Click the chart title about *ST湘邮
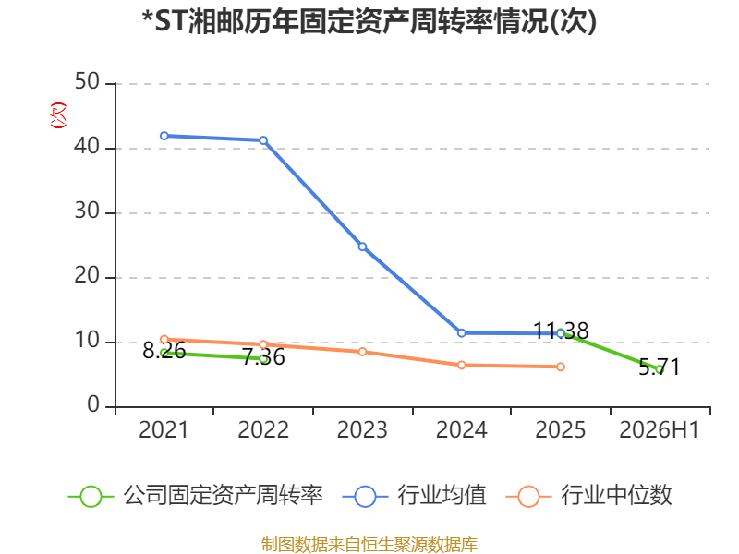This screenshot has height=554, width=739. (x=369, y=21)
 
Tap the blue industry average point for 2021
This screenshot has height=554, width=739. (x=164, y=136)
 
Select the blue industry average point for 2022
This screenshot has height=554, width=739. (x=263, y=140)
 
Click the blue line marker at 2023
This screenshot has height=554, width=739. (x=362, y=247)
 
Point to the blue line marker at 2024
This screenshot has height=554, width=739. (x=461, y=333)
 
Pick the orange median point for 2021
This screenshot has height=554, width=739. (x=164, y=339)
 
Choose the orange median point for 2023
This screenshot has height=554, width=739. (x=362, y=352)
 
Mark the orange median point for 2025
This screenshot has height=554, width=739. (x=561, y=367)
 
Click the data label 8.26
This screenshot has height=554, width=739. (x=164, y=351)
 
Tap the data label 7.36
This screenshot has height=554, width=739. (x=263, y=356)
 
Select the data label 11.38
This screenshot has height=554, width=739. (x=561, y=331)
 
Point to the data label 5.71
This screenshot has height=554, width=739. (x=660, y=367)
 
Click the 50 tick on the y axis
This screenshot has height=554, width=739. (x=87, y=82)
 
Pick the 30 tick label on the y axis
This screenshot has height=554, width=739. (x=87, y=211)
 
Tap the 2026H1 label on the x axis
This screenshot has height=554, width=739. (x=659, y=429)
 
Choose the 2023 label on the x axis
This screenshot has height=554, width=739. (x=362, y=429)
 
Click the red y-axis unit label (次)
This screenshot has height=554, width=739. (x=58, y=115)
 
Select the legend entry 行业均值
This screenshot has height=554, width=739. (x=415, y=496)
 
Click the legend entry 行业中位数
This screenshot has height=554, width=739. (x=589, y=496)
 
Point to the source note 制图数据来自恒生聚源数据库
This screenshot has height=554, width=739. (x=369, y=545)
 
